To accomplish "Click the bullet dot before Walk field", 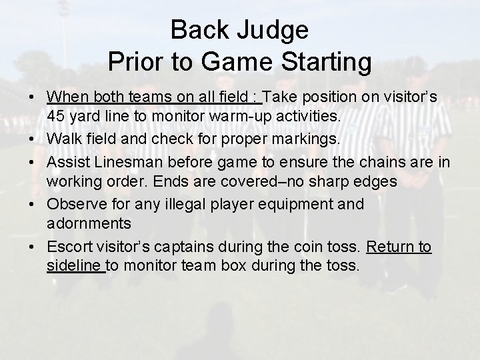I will [x=32, y=139].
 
